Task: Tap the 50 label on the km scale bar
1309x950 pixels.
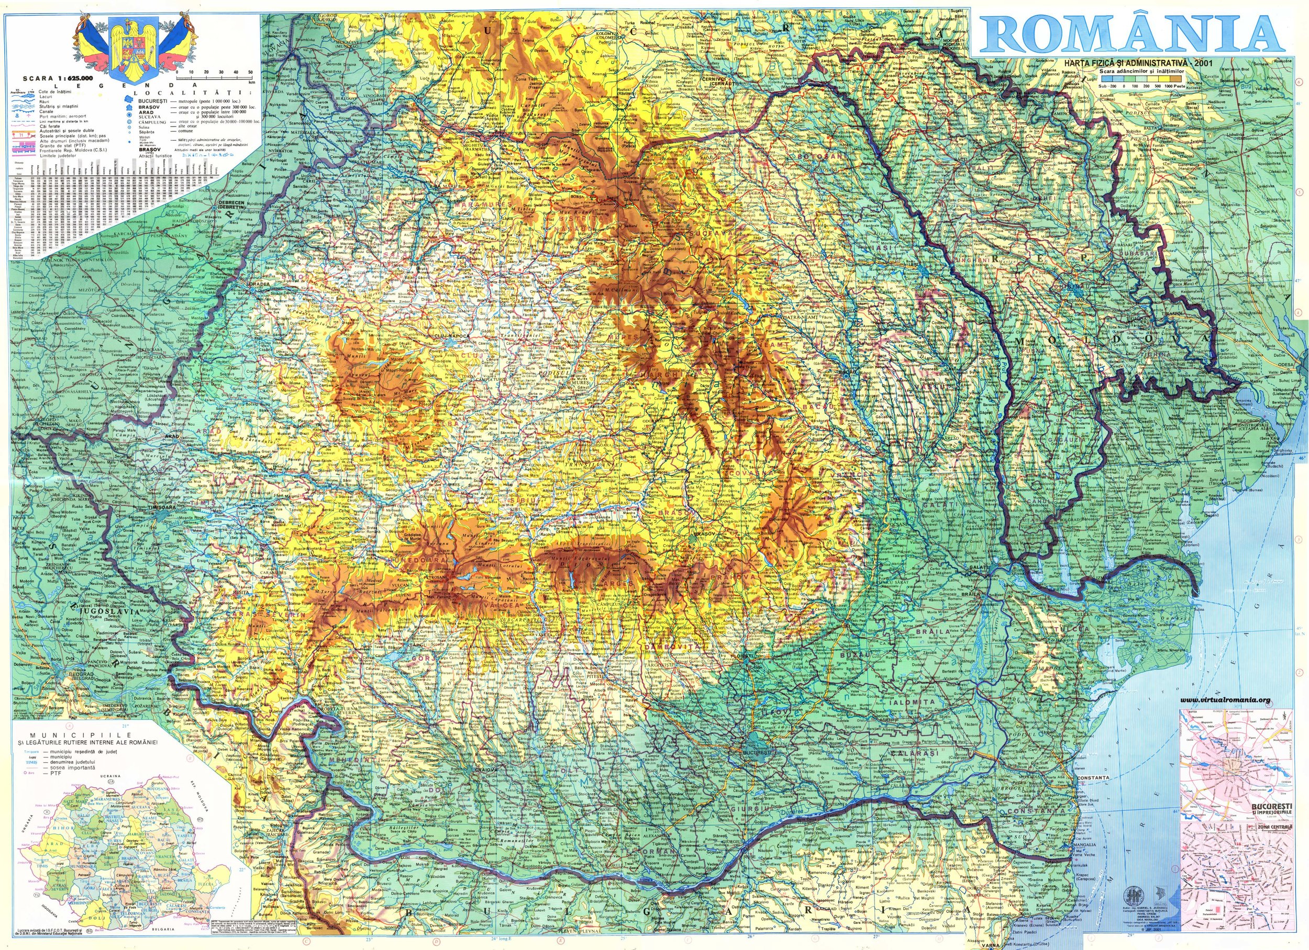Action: tap(250, 72)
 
